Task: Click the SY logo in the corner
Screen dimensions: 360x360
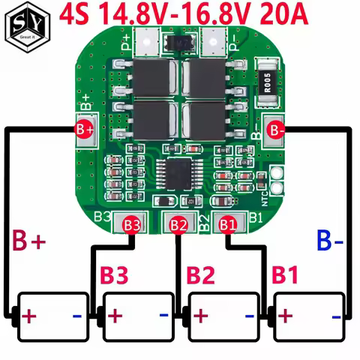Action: point(25,25)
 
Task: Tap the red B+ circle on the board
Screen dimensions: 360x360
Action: point(84,129)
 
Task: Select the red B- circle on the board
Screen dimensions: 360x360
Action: point(276,130)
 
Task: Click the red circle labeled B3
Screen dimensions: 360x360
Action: point(132,223)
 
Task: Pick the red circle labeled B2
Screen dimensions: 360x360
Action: point(178,223)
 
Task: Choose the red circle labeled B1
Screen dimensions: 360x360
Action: point(227,223)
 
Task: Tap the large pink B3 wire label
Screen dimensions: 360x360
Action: point(116,274)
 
